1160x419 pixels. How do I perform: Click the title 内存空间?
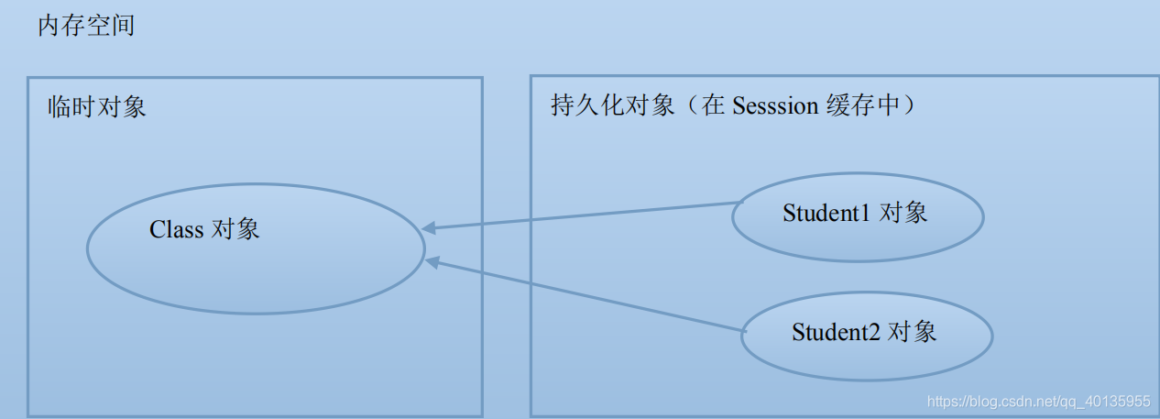pyautogui.click(x=86, y=26)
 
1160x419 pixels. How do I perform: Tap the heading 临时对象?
pyautogui.click(x=97, y=107)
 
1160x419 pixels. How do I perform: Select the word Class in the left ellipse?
pyautogui.click(x=176, y=229)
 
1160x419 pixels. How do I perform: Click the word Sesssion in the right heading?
pyautogui.click(x=775, y=106)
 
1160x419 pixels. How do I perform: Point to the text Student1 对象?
pyautogui.click(x=855, y=214)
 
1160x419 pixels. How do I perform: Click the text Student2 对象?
pyautogui.click(x=864, y=331)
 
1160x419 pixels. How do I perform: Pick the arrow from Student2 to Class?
pyautogui.click(x=586, y=295)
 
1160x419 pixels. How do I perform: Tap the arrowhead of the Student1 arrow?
pyautogui.click(x=430, y=227)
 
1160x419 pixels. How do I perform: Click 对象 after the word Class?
pyautogui.click(x=235, y=229)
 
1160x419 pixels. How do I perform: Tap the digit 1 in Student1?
pyautogui.click(x=866, y=214)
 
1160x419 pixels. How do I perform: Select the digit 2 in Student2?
pyautogui.click(x=875, y=331)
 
